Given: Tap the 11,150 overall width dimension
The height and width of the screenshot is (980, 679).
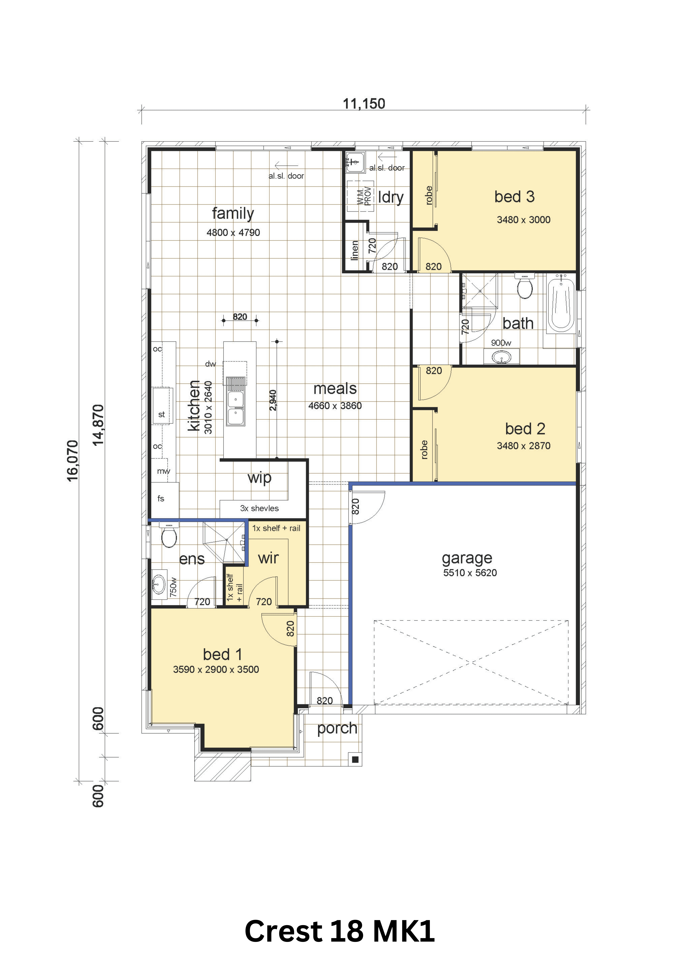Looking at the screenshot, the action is tap(364, 103).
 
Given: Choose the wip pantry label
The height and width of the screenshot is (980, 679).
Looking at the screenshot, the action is tap(260, 478).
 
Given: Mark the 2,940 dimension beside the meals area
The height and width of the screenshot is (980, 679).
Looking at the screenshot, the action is tap(273, 400).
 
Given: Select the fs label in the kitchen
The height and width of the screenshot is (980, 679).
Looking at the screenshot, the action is tap(161, 498).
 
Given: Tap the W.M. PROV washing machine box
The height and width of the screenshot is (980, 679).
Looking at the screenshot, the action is tap(360, 196).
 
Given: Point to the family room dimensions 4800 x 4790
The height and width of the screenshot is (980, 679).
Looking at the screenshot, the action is tap(233, 233).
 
